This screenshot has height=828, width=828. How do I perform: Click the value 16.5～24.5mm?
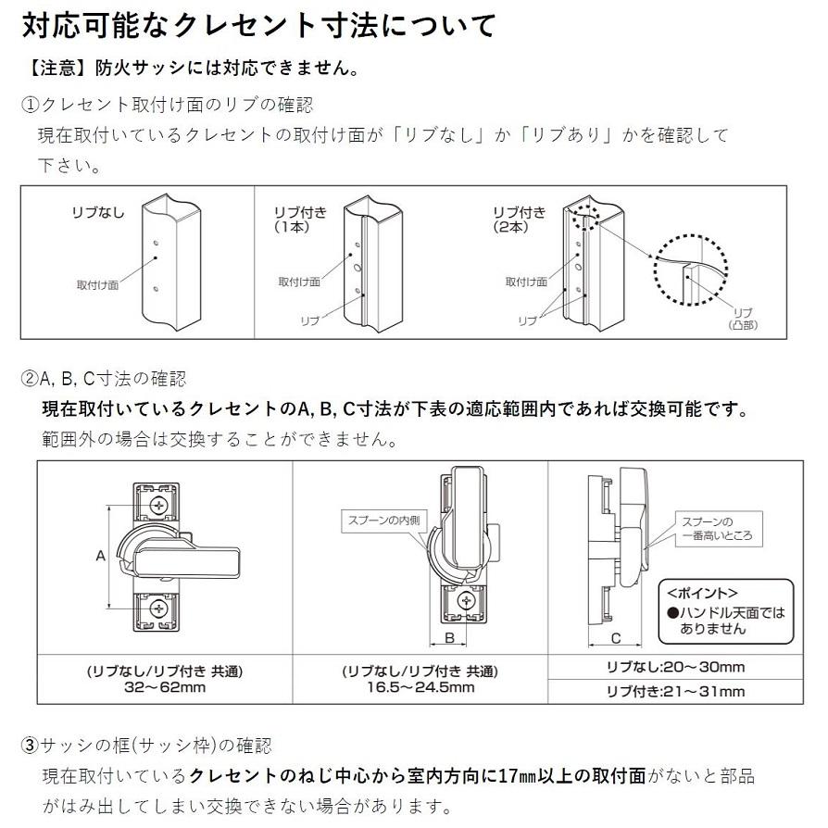(420, 687)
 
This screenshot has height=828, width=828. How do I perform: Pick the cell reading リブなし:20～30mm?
(675, 667)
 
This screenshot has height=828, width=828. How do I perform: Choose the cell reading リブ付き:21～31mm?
(675, 692)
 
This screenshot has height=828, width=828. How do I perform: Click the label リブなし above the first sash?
(97, 213)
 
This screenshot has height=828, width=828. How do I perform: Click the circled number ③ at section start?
(30, 746)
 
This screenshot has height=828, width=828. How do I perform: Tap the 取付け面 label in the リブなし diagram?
(97, 284)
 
